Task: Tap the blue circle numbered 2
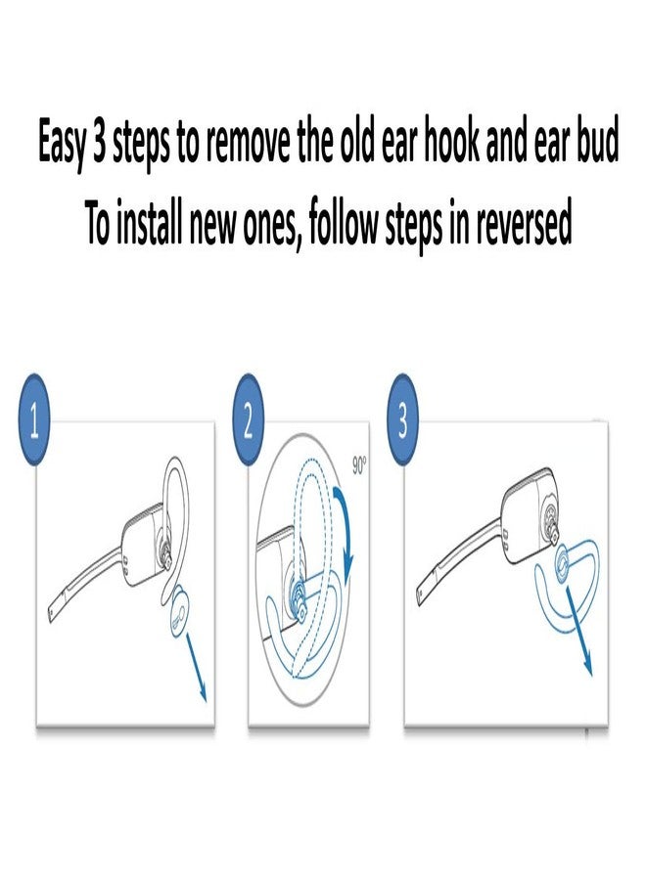(x=249, y=423)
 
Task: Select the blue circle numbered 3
(x=402, y=423)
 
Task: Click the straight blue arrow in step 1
(x=197, y=675)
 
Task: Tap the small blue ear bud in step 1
(x=179, y=618)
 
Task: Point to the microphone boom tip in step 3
(x=421, y=597)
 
